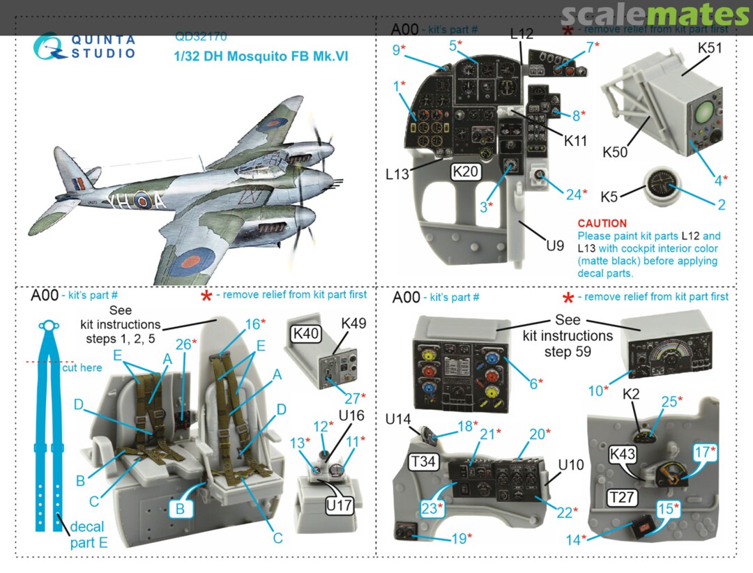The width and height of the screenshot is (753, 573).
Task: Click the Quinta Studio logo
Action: (84, 45)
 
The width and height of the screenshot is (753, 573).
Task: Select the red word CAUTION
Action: (602, 224)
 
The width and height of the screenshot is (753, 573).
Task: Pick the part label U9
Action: (554, 245)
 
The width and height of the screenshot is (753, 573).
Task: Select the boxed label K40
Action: (307, 334)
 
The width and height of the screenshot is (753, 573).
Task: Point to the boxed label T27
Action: (622, 497)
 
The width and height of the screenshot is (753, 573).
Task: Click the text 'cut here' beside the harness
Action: (82, 367)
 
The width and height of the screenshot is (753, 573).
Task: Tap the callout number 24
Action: (573, 194)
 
